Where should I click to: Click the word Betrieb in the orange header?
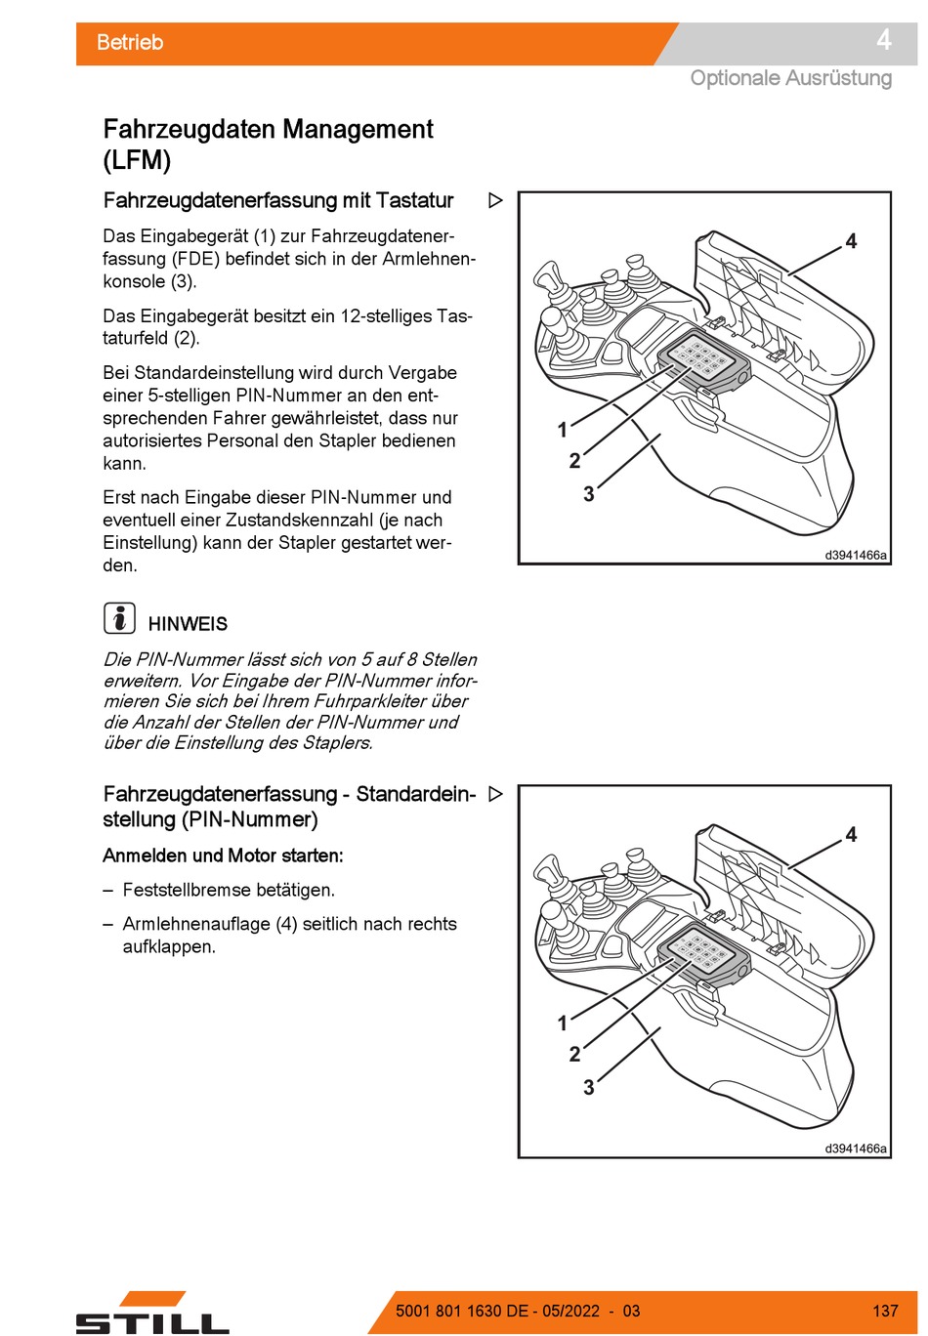point(129,42)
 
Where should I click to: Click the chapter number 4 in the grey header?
point(884,40)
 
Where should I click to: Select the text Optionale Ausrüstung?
point(791,78)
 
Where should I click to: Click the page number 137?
point(885,1311)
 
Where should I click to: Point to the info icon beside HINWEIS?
point(119,618)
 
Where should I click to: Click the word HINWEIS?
point(188,624)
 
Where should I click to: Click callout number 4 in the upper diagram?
point(851,241)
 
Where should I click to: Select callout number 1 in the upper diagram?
point(562,430)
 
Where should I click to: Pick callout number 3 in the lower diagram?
point(589,1087)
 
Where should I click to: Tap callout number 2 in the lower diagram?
point(574,1054)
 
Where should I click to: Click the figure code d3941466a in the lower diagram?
point(856,1148)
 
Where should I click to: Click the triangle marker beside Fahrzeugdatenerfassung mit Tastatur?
point(495,200)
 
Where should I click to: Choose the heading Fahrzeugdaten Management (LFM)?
point(268,145)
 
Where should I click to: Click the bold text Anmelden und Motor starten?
point(223,856)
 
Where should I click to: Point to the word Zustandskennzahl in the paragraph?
point(300,521)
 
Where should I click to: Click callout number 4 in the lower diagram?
point(851,834)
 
